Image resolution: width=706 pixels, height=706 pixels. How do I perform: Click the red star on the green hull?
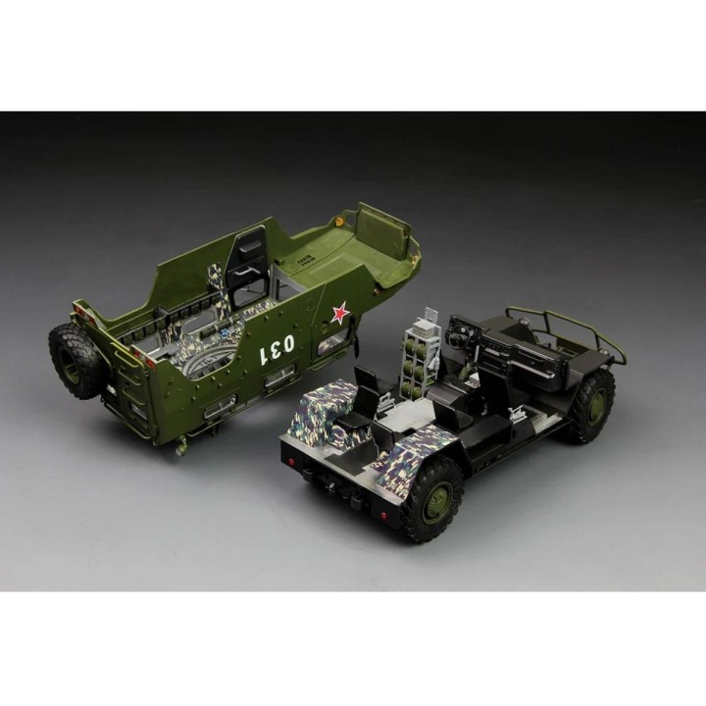340,313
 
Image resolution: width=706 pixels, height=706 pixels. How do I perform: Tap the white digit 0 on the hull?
287,343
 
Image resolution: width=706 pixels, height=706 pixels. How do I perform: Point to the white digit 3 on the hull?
275,349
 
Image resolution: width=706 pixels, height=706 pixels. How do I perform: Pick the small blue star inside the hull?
225,333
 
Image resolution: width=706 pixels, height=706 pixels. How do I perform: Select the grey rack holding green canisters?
419,356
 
